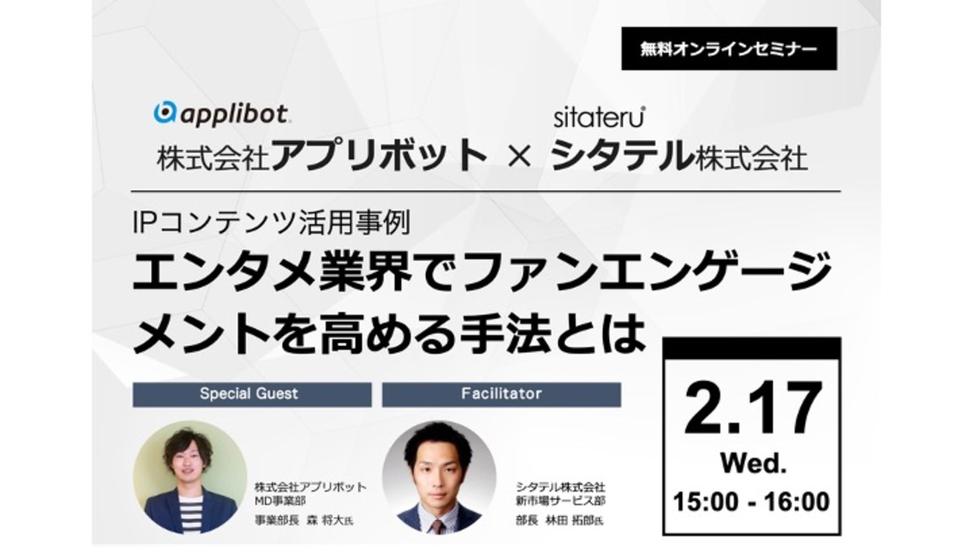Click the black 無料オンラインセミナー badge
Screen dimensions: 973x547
[729, 49]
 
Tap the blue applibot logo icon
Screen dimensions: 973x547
[165, 113]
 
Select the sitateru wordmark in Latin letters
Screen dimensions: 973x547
[599, 118]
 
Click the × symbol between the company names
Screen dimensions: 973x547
[519, 156]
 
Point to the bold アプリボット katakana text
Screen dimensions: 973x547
[379, 155]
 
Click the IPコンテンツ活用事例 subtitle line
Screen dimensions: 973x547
[272, 223]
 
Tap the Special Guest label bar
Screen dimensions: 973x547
[252, 394]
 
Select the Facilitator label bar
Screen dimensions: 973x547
[501, 394]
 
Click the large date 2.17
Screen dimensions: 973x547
[752, 408]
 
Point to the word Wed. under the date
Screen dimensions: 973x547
[753, 464]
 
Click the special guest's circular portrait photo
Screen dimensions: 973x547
[190, 477]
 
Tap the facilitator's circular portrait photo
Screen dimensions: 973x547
[439, 477]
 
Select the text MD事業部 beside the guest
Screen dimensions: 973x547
[281, 501]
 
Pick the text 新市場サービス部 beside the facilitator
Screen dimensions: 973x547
[560, 501]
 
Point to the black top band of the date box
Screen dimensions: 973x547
[752, 348]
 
